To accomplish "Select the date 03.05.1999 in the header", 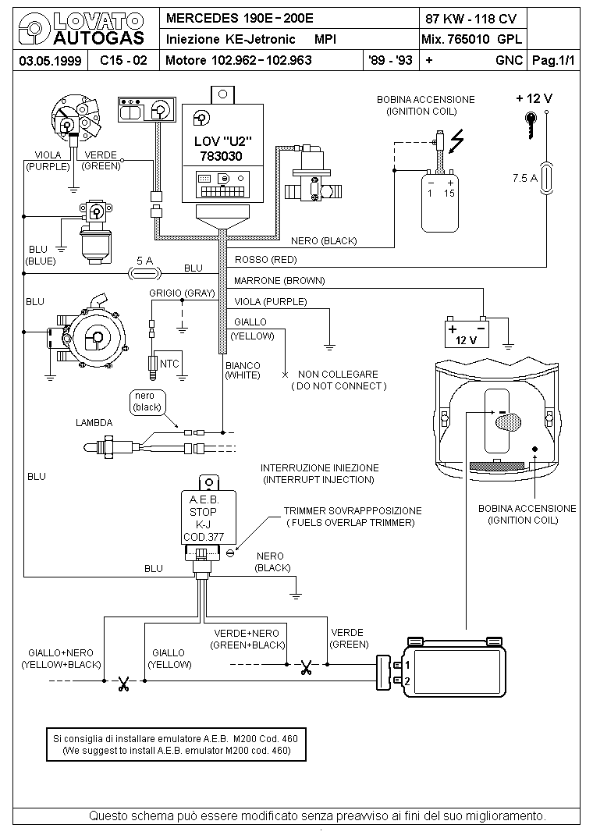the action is click(x=50, y=61).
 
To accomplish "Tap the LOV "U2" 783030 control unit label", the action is click(x=222, y=148).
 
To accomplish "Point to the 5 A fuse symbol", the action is click(x=145, y=274).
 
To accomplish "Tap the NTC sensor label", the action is click(x=169, y=364).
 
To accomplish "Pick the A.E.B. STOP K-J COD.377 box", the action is click(x=208, y=517).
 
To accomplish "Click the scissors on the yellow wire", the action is click(x=124, y=684).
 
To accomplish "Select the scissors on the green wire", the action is click(x=306, y=667).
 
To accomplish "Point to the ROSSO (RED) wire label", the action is click(x=265, y=260).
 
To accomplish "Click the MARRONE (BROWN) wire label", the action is click(x=279, y=281).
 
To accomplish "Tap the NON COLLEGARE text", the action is click(x=338, y=375).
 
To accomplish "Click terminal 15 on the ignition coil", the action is click(x=449, y=194).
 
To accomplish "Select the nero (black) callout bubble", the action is click(x=147, y=402).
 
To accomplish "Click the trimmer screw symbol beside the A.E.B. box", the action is click(x=230, y=553).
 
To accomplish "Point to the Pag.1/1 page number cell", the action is click(x=554, y=60).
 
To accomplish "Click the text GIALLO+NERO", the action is click(x=61, y=653).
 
